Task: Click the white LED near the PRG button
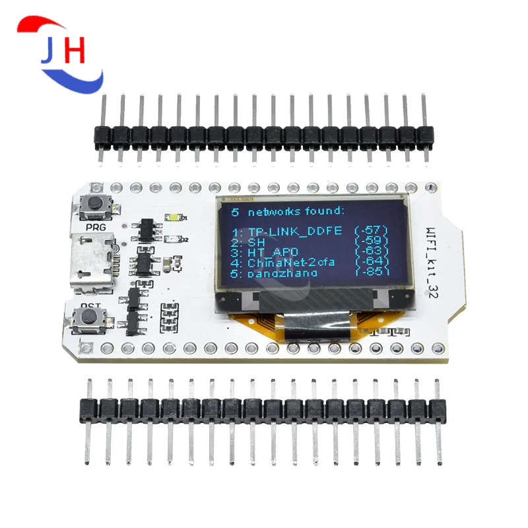175,218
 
